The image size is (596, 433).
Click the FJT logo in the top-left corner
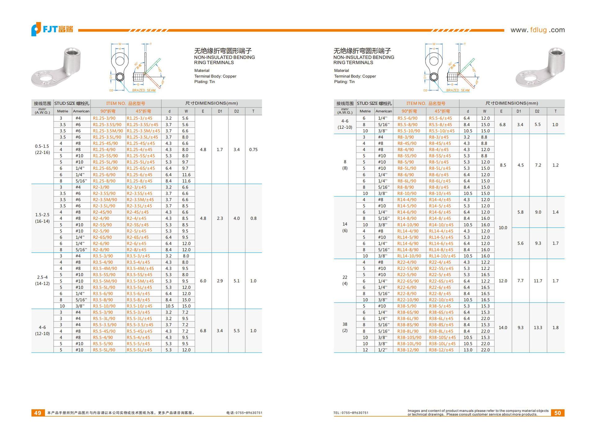[52, 29]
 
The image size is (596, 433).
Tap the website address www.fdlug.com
[537, 30]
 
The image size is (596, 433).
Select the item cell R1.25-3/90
[104, 118]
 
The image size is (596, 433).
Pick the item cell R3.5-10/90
[104, 306]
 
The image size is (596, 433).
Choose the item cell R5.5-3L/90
[104, 319]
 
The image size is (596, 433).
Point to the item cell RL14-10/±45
[442, 256]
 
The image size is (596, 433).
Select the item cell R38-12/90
[408, 350]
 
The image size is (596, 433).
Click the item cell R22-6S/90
[408, 281]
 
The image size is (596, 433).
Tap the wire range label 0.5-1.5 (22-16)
[42, 149]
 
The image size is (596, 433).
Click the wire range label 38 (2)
[345, 328]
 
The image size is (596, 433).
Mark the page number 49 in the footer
[38, 413]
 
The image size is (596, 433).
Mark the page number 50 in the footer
[558, 413]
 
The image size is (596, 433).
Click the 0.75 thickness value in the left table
[253, 150]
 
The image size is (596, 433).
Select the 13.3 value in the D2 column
[538, 328]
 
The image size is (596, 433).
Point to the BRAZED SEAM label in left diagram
[144, 91]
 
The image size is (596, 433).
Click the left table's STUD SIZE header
[72, 104]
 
